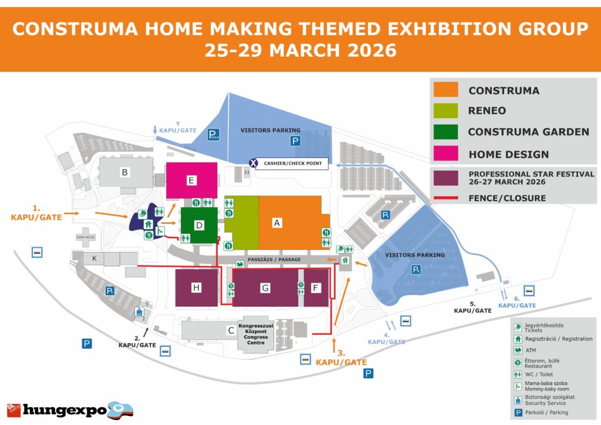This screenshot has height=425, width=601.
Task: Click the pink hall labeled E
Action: tap(191, 180)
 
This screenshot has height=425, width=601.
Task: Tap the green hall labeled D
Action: tap(199, 225)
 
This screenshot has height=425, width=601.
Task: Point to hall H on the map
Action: tap(197, 287)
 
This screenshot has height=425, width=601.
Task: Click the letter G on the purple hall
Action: tap(265, 288)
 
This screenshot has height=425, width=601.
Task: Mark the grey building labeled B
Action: tap(124, 172)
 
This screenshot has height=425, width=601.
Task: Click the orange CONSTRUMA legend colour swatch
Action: tap(445, 90)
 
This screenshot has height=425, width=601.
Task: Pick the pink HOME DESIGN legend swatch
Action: tap(445, 154)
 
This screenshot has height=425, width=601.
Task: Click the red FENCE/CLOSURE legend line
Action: tap(445, 198)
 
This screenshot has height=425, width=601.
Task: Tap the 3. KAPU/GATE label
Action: tap(341, 358)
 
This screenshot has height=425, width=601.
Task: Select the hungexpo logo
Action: tap(69, 409)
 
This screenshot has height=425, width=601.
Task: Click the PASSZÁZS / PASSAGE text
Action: tap(275, 259)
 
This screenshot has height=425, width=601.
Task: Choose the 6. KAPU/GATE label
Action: tap(517, 301)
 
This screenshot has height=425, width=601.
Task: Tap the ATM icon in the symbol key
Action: tap(518, 350)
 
